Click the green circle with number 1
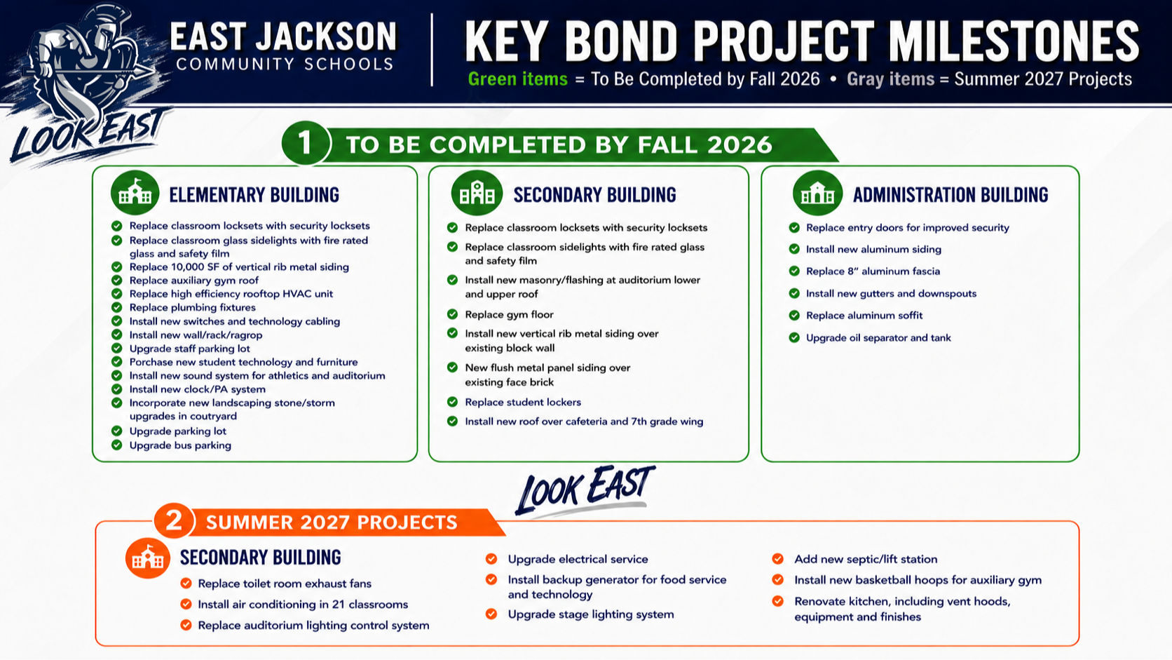306,143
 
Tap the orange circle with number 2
175,521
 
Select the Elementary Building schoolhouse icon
135,193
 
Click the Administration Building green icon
817,193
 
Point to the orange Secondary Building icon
147,558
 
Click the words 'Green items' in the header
517,79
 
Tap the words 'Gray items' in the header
890,79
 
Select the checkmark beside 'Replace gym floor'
453,314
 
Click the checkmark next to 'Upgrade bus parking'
116,445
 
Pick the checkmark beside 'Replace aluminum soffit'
794,315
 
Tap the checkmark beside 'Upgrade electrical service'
491,559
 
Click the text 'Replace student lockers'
523,402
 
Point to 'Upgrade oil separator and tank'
878,337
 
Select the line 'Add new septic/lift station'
866,559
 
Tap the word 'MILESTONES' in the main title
1014,41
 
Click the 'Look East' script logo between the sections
585,490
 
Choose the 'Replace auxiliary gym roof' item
194,281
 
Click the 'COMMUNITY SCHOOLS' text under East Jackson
285,65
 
